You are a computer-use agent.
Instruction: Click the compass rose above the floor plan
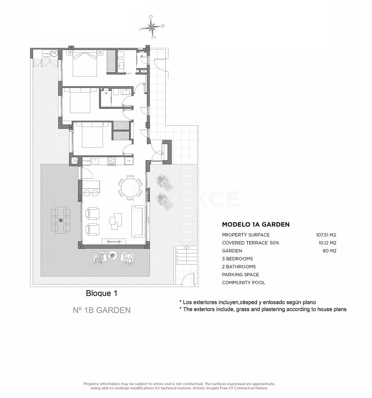(152, 27)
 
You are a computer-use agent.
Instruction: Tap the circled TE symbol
(54, 53)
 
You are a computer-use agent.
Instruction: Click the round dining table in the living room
(130, 188)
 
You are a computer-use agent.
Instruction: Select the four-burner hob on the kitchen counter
(112, 161)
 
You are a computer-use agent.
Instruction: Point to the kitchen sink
(95, 161)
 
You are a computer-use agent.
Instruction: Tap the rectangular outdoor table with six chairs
(61, 220)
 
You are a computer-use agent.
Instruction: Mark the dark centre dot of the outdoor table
(61, 220)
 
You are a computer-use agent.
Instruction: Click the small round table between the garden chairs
(113, 255)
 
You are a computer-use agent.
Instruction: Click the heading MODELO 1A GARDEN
(256, 225)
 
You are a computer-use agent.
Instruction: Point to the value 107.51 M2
(326, 235)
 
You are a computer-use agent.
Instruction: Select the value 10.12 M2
(327, 243)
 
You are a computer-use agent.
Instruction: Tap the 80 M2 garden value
(329, 251)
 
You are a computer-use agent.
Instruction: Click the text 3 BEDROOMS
(237, 259)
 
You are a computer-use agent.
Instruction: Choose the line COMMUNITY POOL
(243, 283)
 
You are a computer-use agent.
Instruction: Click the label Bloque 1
(102, 293)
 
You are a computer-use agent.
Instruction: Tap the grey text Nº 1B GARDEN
(102, 310)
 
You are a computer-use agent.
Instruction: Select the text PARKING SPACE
(240, 275)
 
